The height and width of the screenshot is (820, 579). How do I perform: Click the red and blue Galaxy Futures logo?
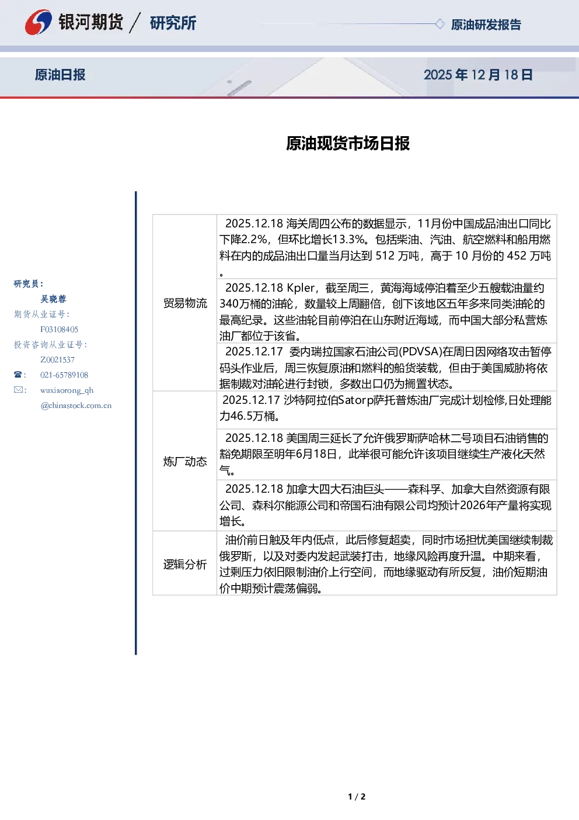coord(38,22)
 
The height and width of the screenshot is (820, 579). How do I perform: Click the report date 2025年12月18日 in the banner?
coord(478,75)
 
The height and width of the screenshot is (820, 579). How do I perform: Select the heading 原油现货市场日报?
coord(348,143)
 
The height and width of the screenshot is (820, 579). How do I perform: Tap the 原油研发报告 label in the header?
coord(486,25)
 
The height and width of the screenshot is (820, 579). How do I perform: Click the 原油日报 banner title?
coord(60,75)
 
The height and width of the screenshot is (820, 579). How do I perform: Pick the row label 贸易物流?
coord(185,303)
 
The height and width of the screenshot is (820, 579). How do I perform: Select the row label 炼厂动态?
coord(185,461)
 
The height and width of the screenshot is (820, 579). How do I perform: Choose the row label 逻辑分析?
coord(185,564)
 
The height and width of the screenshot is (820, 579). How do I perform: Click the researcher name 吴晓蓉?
coord(53,299)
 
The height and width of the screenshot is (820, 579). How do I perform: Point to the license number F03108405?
coord(59,330)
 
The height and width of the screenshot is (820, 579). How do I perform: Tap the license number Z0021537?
coord(57,360)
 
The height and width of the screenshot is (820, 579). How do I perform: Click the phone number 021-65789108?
coord(64,375)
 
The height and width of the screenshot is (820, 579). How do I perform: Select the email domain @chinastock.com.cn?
coord(76,406)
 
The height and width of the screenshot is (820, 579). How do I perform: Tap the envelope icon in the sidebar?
coord(18,389)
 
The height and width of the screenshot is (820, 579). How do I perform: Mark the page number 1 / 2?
coord(357,797)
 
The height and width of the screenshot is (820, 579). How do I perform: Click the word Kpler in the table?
coord(301,288)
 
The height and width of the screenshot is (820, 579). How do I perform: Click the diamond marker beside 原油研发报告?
coord(440,24)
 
